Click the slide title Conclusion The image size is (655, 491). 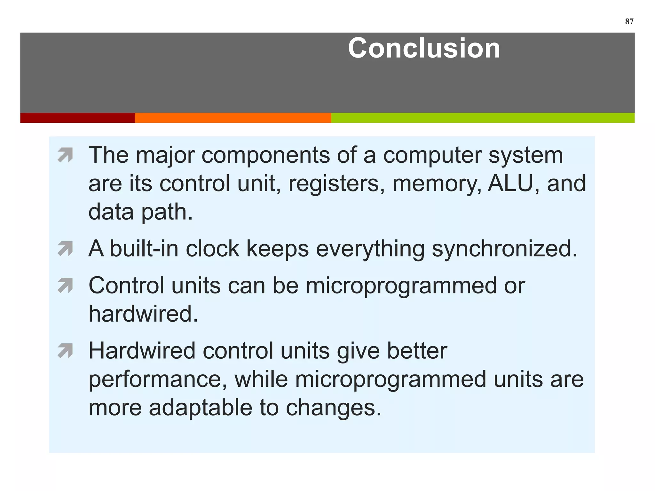(x=424, y=48)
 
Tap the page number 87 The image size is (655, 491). (x=629, y=21)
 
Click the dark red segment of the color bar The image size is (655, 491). (x=77, y=118)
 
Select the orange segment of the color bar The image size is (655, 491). (x=233, y=118)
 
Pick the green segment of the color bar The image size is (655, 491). (x=483, y=118)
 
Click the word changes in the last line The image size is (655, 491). (x=333, y=408)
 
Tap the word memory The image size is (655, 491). (x=437, y=184)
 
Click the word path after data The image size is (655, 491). (x=167, y=212)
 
